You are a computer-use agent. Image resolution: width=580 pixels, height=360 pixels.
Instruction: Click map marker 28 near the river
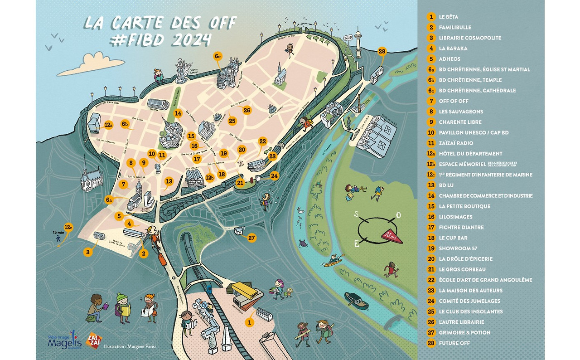click(382, 52)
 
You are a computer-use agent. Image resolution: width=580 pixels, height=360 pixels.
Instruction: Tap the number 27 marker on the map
click(252, 238)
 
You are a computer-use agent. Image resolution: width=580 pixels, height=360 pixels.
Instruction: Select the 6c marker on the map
click(217, 56)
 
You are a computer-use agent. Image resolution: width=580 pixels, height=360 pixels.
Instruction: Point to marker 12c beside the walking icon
click(68, 227)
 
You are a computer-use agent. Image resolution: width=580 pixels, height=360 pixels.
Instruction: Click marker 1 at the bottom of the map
click(248, 322)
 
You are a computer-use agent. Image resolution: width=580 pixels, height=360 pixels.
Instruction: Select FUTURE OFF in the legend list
click(454, 343)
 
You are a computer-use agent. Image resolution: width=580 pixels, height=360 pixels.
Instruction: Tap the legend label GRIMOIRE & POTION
click(464, 333)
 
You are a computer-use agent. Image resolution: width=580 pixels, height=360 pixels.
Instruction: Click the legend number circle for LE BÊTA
click(431, 17)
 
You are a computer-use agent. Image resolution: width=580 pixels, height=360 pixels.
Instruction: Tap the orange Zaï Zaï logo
click(93, 340)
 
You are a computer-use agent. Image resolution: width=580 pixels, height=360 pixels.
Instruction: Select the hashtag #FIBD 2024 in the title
click(161, 40)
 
